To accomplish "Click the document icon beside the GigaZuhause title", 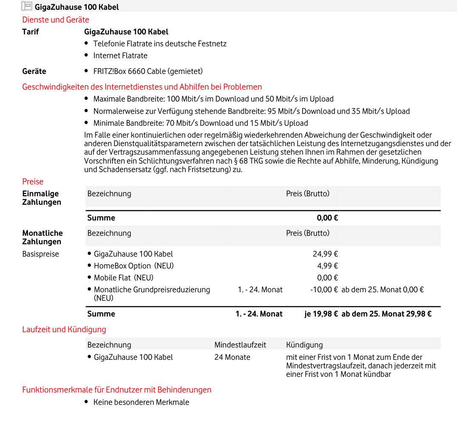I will [x=26, y=6].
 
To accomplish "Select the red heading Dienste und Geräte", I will [x=56, y=20].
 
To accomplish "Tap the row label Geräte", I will [x=34, y=71].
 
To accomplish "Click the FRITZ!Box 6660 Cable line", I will [x=148, y=71].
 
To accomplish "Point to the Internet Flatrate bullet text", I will [x=120, y=56].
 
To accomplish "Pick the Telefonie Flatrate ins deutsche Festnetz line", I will [x=160, y=44].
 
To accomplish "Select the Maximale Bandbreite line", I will [x=213, y=99].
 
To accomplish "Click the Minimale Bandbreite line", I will [x=201, y=123].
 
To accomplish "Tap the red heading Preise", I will [x=33, y=182].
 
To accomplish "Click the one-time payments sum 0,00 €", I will [x=327, y=218].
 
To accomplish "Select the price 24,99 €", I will [x=325, y=254].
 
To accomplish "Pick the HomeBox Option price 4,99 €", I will [x=327, y=266].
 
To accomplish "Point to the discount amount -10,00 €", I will [x=324, y=290].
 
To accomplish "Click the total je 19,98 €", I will [x=321, y=314].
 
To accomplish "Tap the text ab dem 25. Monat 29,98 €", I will [x=386, y=314].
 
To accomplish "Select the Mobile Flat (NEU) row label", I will [x=123, y=278].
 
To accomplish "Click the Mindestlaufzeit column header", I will [x=240, y=345].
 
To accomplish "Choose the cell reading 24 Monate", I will [x=232, y=357].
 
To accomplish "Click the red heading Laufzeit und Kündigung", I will [x=64, y=330].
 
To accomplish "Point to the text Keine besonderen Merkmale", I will [x=141, y=402].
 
